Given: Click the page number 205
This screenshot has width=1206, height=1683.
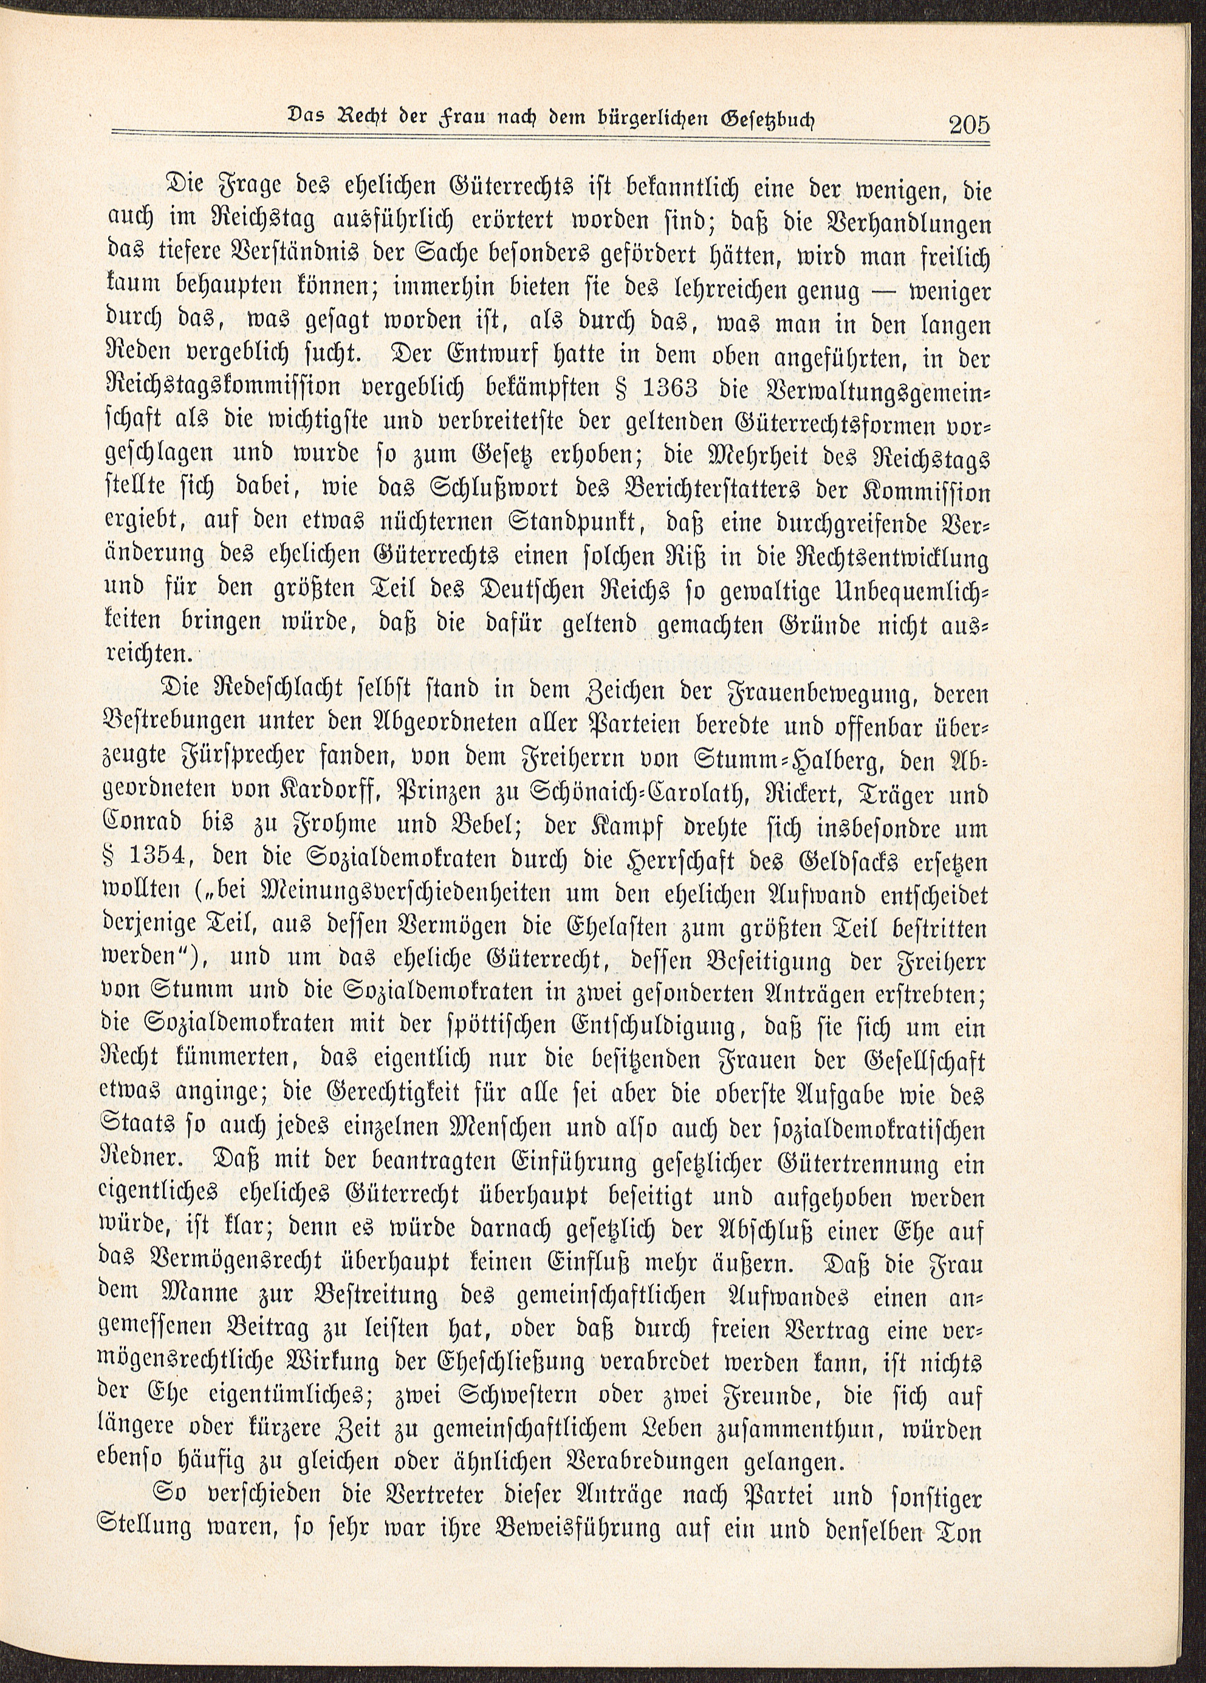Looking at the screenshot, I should (x=969, y=125).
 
